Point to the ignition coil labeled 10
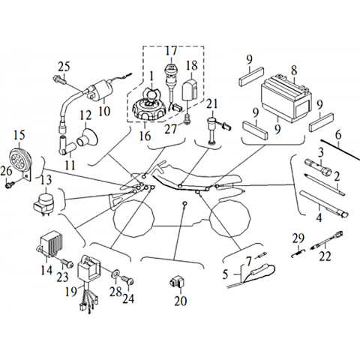pos(99,89)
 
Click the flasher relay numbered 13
pos(44,203)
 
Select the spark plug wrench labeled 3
pos(318,169)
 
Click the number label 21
pos(212,104)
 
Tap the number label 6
pos(338,135)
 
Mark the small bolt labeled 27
pos(187,119)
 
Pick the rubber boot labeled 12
pos(87,137)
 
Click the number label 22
pos(325,256)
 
